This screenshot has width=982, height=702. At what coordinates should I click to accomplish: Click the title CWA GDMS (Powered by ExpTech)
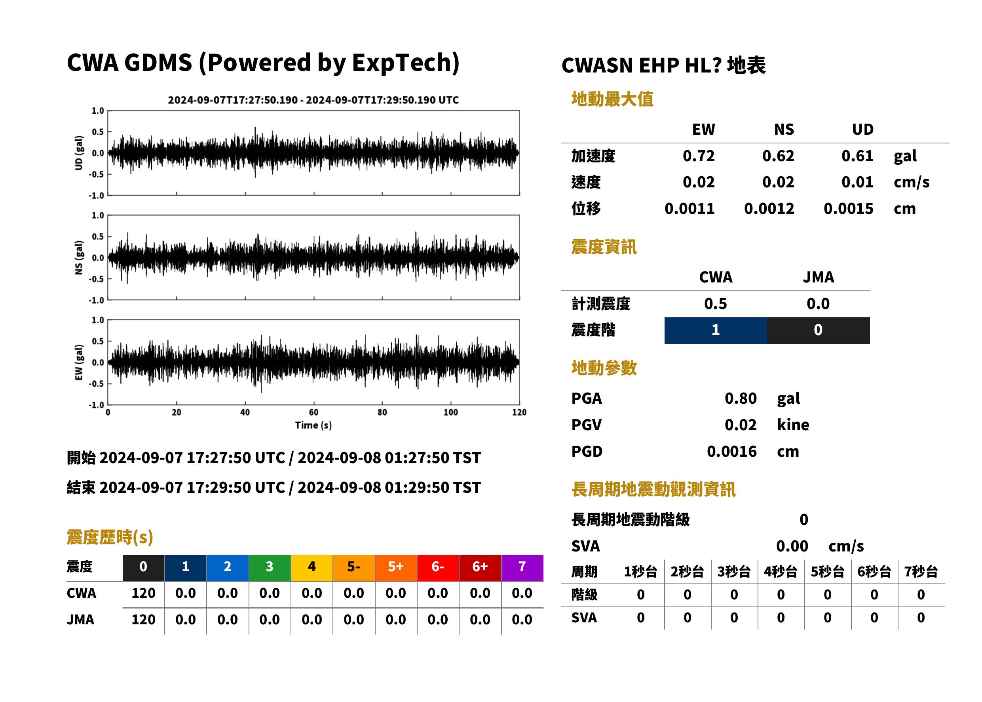tap(263, 63)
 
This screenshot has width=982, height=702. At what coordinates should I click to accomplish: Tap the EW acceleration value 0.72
tap(698, 156)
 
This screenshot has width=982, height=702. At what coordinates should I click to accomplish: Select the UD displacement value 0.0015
tap(848, 209)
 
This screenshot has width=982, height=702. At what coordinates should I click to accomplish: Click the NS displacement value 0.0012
tap(769, 209)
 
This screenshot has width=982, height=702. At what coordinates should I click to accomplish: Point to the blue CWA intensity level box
tap(716, 330)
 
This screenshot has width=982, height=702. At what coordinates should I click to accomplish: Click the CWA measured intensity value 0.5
tap(716, 304)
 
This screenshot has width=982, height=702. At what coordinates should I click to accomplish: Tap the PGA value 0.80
tap(741, 398)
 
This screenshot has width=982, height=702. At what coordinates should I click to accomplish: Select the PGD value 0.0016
tap(731, 452)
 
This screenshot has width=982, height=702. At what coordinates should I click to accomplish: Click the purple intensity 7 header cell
tap(522, 568)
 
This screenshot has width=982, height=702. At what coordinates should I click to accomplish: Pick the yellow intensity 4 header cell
tap(312, 568)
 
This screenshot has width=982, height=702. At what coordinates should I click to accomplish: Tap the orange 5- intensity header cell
tap(354, 568)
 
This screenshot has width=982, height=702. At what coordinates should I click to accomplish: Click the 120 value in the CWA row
tap(143, 593)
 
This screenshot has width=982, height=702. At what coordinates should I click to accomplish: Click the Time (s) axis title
tap(313, 425)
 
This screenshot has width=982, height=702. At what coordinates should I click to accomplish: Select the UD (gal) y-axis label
tap(79, 153)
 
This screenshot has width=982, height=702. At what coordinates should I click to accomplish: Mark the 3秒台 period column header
tap(734, 572)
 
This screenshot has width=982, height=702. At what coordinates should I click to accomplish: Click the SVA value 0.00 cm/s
tap(820, 546)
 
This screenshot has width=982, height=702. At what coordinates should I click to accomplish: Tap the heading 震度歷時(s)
tap(110, 537)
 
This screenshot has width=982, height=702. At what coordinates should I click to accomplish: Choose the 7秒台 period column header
tap(921, 572)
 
